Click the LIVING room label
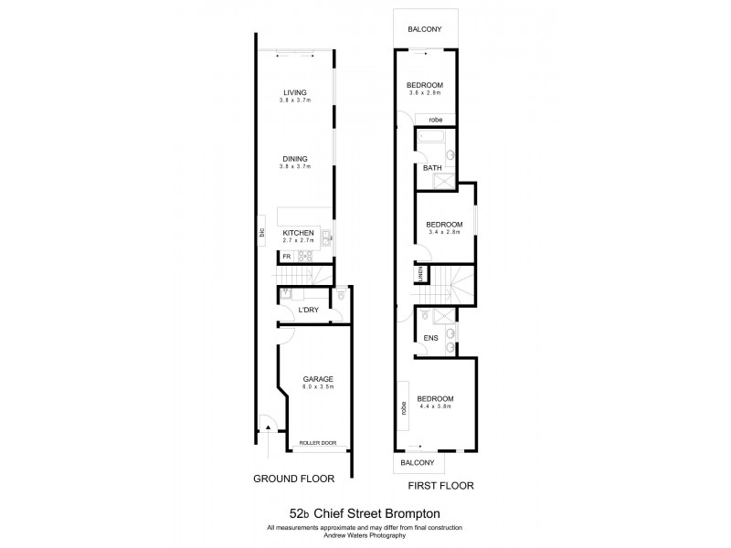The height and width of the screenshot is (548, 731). click(x=294, y=92)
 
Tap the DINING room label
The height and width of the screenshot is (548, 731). click(x=294, y=159)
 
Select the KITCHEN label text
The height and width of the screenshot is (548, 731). click(x=298, y=233)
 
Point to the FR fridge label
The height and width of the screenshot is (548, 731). click(x=286, y=257)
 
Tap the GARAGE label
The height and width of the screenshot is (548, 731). click(x=319, y=379)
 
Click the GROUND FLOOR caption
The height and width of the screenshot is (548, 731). click(x=293, y=478)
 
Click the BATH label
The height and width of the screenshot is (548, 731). click(x=431, y=168)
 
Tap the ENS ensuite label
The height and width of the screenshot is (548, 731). click(x=430, y=338)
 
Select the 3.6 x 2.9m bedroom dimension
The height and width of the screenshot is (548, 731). click(x=425, y=93)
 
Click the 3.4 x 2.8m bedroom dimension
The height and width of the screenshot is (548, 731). click(x=443, y=232)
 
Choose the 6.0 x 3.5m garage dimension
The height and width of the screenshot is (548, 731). click(x=319, y=387)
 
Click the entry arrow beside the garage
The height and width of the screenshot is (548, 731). click(x=268, y=424)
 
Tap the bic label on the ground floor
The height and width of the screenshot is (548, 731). click(x=262, y=233)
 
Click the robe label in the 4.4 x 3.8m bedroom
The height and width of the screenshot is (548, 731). click(x=403, y=406)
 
